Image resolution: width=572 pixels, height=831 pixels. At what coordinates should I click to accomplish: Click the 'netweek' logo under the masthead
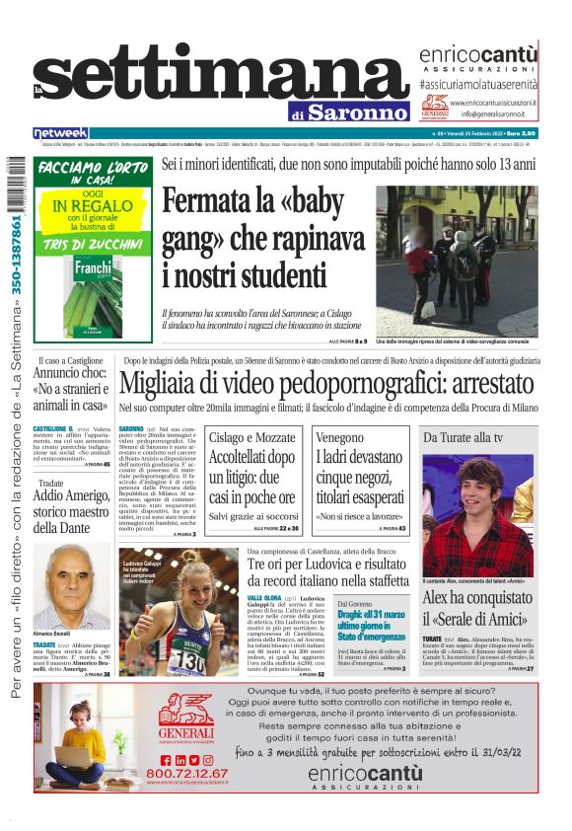point(60,132)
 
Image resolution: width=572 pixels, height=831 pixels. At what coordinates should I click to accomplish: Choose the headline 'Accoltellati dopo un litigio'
point(251,477)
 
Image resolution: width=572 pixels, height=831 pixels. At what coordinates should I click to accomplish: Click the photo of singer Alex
point(477,512)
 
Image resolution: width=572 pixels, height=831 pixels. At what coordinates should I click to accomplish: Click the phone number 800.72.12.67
point(186,773)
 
